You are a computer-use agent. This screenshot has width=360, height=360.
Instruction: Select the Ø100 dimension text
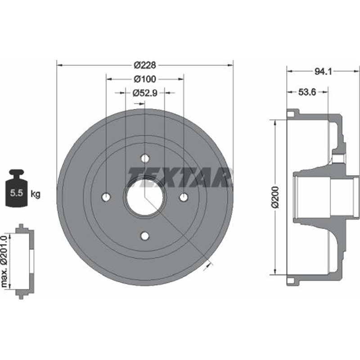[144, 79]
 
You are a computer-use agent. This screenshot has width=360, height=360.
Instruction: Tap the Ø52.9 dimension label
[144, 93]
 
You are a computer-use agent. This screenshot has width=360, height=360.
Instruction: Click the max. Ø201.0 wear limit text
[6, 261]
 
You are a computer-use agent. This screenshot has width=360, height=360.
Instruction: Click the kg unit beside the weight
[36, 194]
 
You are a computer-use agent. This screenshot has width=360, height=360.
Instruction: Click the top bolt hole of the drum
[145, 158]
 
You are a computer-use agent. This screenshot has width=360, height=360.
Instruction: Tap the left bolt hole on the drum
[106, 197]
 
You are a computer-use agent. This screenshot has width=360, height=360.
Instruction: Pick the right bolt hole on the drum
[184, 197]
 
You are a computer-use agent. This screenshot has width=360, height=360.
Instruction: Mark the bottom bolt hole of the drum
[145, 236]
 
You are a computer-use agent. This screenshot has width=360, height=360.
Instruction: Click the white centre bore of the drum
[145, 197]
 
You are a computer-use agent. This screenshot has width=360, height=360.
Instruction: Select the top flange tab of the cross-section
[292, 113]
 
